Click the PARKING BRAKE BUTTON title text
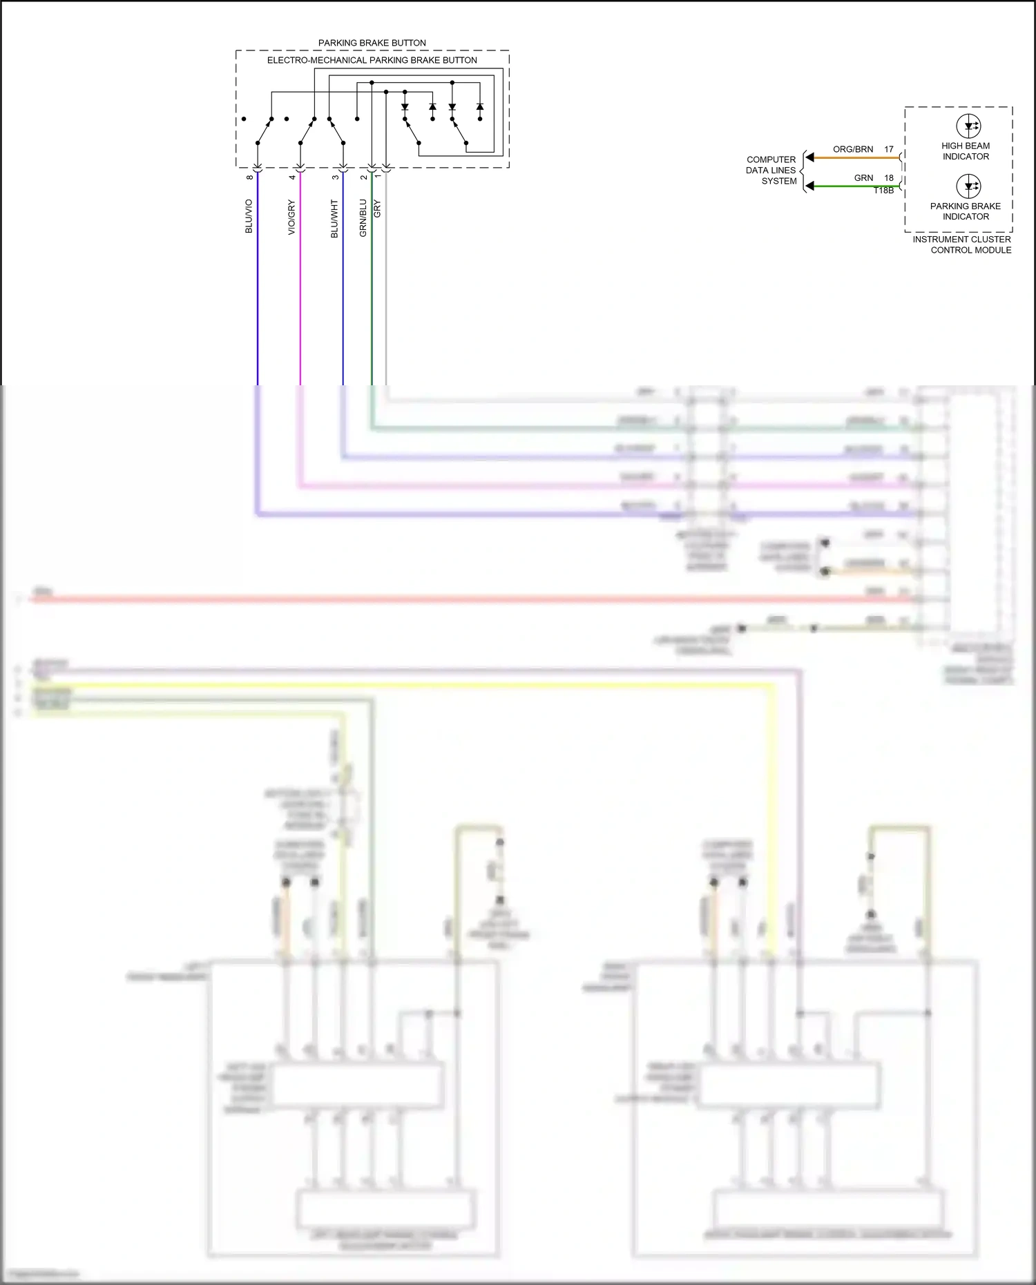pyautogui.click(x=372, y=43)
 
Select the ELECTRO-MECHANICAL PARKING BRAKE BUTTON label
pyautogui.click(x=372, y=60)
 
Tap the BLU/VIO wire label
pyautogui.click(x=249, y=216)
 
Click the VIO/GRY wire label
pyautogui.click(x=291, y=217)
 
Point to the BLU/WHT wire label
pyautogui.click(x=334, y=218)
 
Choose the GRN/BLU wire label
pyautogui.click(x=363, y=218)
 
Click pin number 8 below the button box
pyautogui.click(x=249, y=177)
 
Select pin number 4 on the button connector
pyautogui.click(x=292, y=177)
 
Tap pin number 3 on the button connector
pyautogui.click(x=335, y=177)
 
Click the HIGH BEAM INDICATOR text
pyautogui.click(x=966, y=151)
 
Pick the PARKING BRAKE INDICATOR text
pyautogui.click(x=966, y=211)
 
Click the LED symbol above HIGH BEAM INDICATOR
pyautogui.click(x=968, y=126)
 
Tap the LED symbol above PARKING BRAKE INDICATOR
pyautogui.click(x=968, y=186)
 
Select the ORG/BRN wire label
pyautogui.click(x=852, y=149)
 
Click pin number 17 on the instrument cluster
pyautogui.click(x=889, y=149)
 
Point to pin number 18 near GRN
pyautogui.click(x=889, y=177)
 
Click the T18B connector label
pyautogui.click(x=883, y=191)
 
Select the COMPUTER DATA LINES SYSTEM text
pyautogui.click(x=771, y=170)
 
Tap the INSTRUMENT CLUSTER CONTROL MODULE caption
pyautogui.click(x=962, y=244)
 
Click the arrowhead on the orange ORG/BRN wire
pyautogui.click(x=810, y=157)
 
